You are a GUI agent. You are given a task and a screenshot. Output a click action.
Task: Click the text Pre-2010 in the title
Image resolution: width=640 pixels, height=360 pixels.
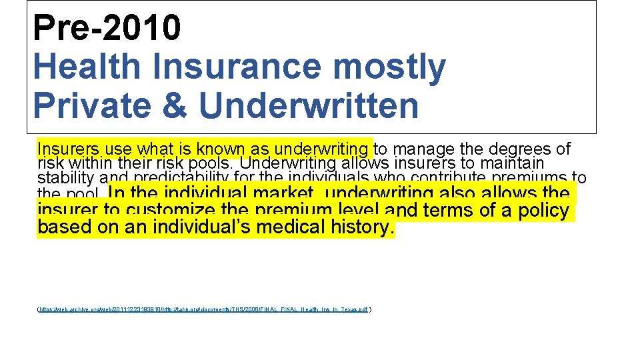coord(107,27)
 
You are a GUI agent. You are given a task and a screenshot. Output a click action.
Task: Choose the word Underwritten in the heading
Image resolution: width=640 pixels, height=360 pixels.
coord(308,105)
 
